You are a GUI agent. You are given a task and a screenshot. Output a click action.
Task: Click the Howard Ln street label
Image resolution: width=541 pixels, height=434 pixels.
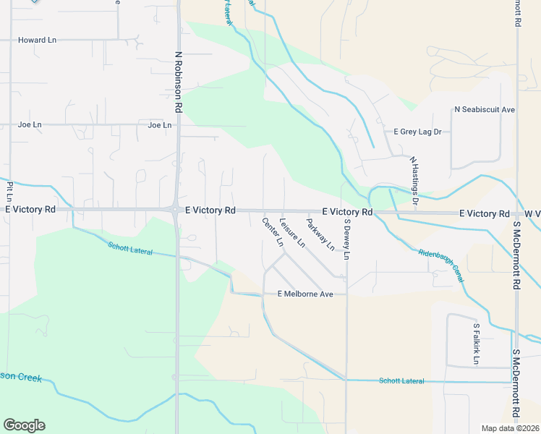click(37, 40)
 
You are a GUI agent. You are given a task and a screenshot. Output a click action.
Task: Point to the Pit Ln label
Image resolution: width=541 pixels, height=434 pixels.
click(9, 191)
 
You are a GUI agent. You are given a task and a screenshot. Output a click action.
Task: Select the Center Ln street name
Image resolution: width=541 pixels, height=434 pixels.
click(273, 232)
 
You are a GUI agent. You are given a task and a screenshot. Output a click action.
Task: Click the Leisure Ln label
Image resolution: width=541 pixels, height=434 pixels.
click(293, 233)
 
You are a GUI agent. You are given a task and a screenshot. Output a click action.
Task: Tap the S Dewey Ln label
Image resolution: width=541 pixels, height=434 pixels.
click(347, 239)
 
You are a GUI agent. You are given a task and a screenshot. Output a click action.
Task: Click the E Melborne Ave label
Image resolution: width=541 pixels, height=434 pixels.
click(305, 294)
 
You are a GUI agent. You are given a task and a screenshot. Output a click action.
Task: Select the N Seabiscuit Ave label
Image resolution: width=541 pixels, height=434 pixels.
click(484, 110)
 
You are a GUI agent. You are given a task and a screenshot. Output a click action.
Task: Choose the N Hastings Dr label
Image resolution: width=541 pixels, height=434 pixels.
click(414, 180)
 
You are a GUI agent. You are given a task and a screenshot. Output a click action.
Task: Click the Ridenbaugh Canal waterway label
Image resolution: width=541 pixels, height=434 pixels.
click(441, 264)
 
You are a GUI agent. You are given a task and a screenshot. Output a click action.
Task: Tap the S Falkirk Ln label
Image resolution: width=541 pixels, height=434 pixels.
click(477, 343)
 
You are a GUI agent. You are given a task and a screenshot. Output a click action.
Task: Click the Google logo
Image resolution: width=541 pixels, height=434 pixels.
click(24, 425)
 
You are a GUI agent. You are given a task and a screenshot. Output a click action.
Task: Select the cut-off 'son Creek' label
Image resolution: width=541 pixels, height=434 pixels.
click(21, 378)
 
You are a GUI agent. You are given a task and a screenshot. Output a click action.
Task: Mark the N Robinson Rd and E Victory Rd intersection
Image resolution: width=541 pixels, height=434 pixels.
click(176, 210)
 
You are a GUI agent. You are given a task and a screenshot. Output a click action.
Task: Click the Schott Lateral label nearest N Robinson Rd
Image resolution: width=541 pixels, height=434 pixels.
click(132, 248)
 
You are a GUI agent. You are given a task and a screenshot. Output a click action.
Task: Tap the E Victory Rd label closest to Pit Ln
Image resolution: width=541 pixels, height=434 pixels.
click(30, 209)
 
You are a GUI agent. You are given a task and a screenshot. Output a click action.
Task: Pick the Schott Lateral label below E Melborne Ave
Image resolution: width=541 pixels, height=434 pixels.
click(401, 380)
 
